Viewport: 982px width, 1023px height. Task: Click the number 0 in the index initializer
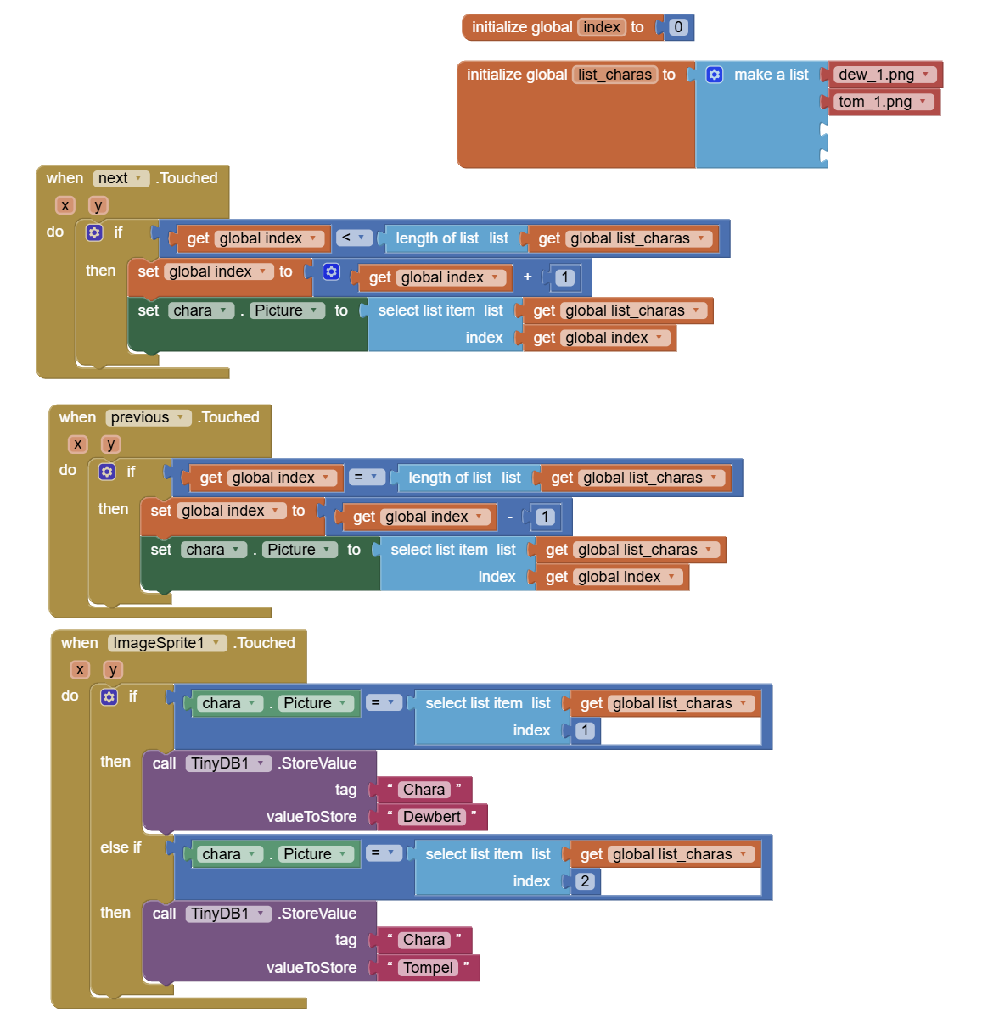coord(677,27)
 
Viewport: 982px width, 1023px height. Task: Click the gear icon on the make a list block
coord(715,75)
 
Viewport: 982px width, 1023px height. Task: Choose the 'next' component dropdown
coord(121,178)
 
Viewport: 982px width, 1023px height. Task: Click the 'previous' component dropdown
coord(148,417)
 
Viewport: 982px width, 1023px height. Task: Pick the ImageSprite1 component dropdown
coord(166,643)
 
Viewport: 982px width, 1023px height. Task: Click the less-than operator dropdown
coord(354,238)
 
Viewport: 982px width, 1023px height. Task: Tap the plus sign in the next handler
coord(527,277)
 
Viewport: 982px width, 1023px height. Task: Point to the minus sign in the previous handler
coord(509,516)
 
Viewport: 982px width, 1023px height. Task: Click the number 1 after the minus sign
coord(544,516)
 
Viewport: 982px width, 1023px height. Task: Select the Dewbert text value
coord(432,817)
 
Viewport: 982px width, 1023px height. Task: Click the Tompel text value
coord(429,968)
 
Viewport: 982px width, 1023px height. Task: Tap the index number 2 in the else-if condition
coord(585,880)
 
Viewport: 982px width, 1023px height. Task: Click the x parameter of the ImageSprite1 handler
coord(80,670)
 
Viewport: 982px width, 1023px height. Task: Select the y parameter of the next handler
coord(98,205)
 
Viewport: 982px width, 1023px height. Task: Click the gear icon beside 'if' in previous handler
coord(107,472)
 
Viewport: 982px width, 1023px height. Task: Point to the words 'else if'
coord(121,847)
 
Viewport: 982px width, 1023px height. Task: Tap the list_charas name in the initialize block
coord(615,75)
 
